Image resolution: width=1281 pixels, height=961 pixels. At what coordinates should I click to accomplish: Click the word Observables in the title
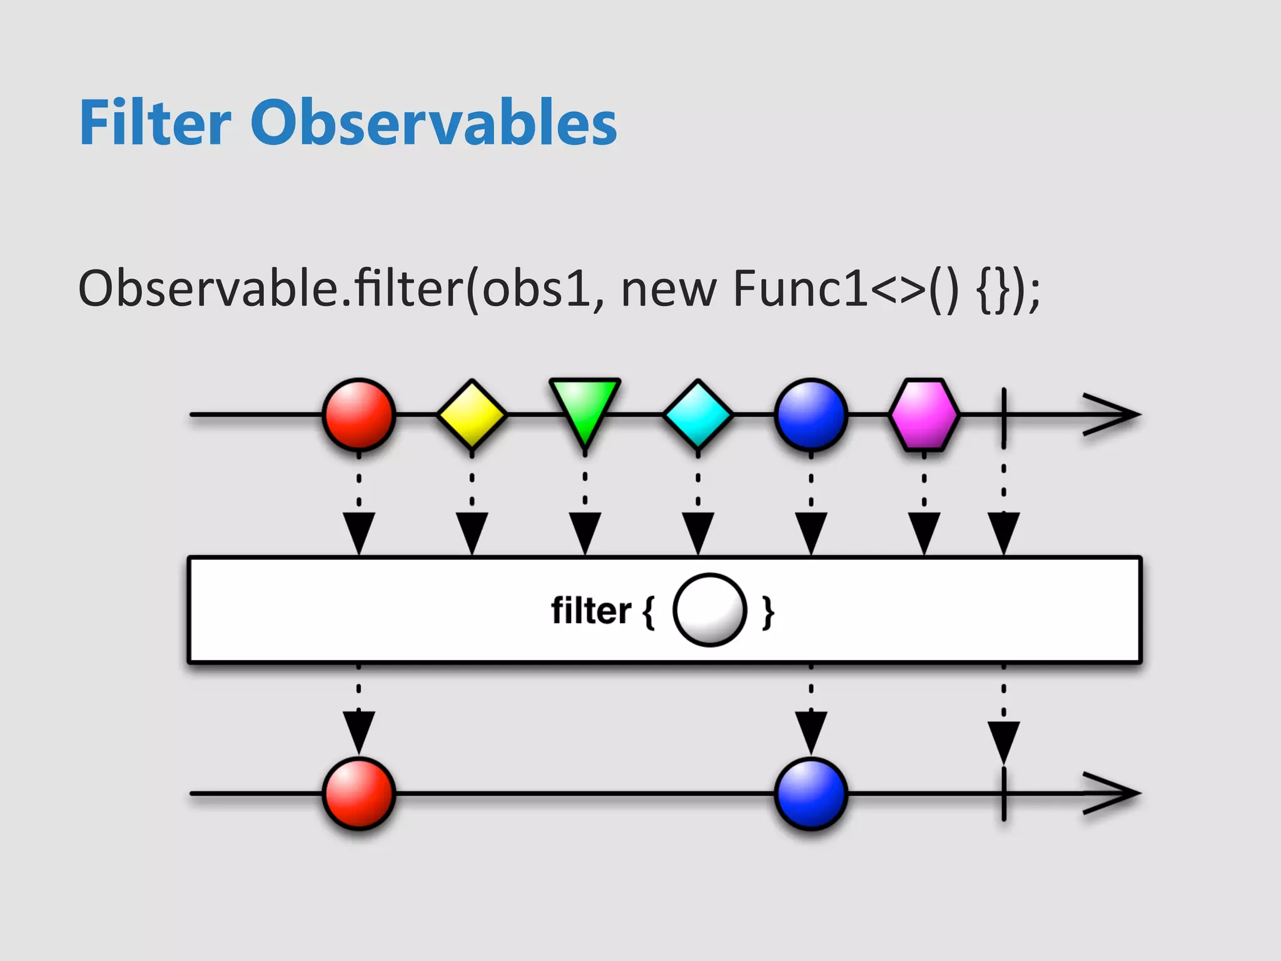click(x=433, y=123)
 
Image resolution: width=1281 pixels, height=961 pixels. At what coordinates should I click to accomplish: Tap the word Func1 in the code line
click(x=801, y=288)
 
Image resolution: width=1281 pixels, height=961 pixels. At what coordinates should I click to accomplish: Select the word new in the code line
click(x=668, y=290)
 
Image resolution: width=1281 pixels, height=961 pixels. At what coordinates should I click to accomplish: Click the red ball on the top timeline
click(x=358, y=414)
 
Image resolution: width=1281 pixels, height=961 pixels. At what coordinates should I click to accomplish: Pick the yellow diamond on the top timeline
click(x=472, y=414)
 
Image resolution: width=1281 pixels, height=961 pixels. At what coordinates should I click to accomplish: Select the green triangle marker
click(x=584, y=407)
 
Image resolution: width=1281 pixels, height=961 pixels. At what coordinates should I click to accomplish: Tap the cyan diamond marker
click(x=697, y=414)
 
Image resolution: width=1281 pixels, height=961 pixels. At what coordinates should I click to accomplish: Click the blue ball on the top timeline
click(x=811, y=414)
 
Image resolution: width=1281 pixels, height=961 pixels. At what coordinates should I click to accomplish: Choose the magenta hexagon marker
click(x=924, y=414)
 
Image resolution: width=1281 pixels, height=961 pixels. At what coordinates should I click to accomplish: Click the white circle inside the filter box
click(x=709, y=610)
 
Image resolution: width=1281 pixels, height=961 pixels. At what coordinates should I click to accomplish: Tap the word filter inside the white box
click(x=590, y=611)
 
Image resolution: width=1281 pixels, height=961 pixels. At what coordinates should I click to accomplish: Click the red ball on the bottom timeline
click(x=358, y=793)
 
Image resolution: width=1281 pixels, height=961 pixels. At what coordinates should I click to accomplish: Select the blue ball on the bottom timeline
click(x=811, y=793)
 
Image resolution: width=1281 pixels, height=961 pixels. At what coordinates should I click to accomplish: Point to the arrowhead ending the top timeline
click(x=1113, y=414)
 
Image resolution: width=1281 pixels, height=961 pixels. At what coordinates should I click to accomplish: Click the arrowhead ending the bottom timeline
click(x=1113, y=793)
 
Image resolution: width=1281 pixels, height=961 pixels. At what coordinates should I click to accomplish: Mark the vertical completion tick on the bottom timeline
click(x=1003, y=793)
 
